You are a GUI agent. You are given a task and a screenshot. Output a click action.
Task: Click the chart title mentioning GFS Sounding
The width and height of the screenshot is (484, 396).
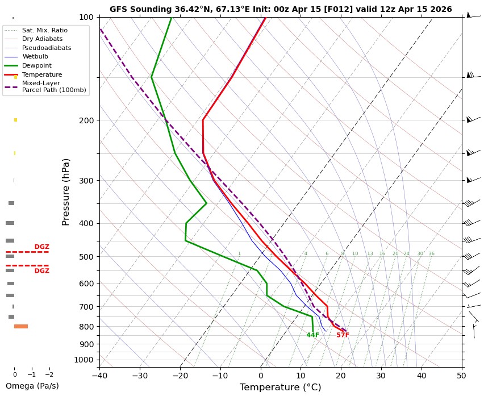(281, 9)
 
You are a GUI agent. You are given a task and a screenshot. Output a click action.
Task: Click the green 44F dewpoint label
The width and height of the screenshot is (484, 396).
(313, 335)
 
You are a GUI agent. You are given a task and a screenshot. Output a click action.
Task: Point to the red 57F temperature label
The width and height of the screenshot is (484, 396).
(343, 335)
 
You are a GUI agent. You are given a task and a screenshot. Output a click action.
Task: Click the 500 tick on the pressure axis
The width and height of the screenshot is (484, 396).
(86, 257)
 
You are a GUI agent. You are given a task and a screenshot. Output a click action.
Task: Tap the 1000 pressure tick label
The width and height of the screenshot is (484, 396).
(84, 360)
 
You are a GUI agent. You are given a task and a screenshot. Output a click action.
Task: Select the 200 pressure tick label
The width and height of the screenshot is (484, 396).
(86, 120)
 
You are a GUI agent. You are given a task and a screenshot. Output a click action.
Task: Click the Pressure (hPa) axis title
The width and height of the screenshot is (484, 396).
(66, 191)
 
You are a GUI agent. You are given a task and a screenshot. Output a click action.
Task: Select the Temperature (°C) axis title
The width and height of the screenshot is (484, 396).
(280, 387)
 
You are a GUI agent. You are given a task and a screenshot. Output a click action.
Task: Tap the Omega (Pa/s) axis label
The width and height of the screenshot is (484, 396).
(32, 386)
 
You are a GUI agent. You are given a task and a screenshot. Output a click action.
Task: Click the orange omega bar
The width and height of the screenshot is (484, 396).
(21, 326)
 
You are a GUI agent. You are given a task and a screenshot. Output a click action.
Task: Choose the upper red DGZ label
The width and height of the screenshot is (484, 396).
(42, 247)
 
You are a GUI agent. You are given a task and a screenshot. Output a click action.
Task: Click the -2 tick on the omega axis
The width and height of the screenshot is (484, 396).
(49, 375)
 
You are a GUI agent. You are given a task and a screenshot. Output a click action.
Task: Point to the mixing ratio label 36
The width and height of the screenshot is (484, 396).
(431, 254)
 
